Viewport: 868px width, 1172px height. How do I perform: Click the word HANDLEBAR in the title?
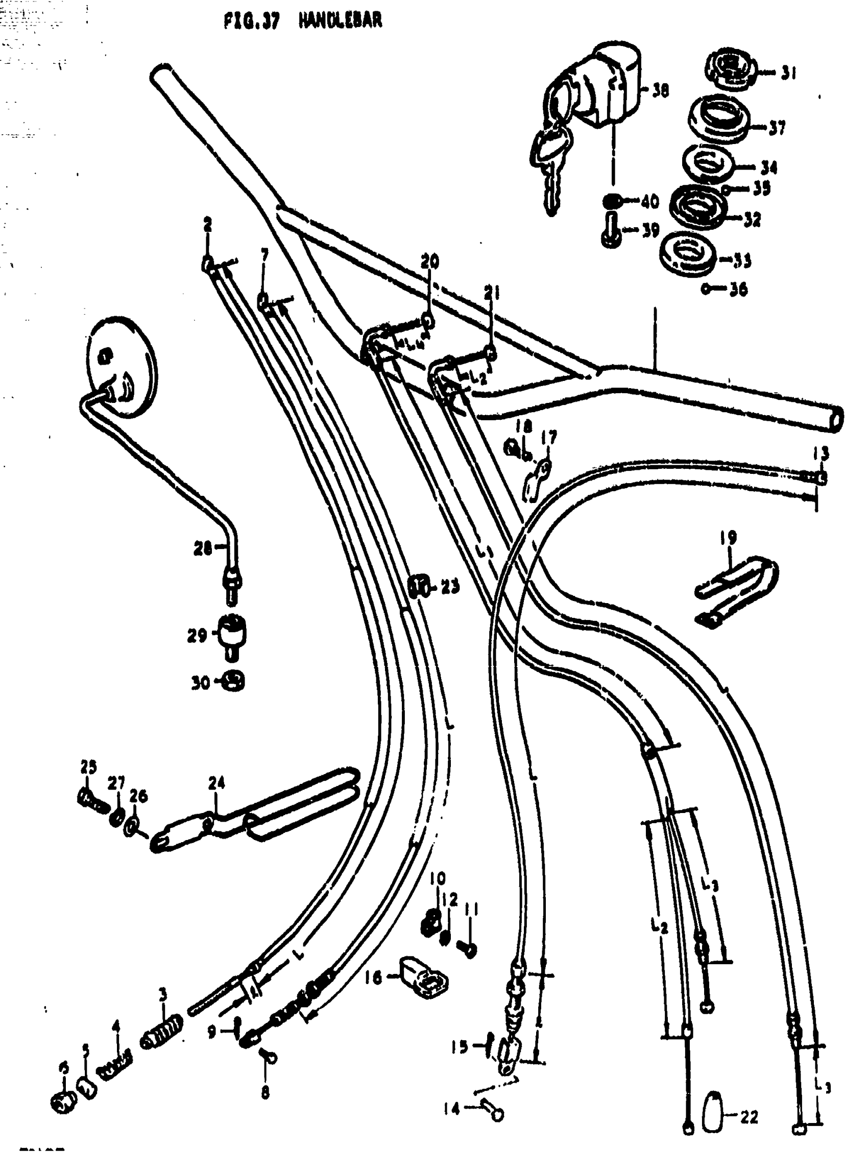pos(340,21)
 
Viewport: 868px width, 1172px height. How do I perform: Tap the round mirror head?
pos(122,366)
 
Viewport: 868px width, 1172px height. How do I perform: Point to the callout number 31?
pos(788,73)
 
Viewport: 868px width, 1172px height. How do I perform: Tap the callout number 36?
pos(739,289)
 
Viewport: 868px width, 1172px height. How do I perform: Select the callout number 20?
pos(430,261)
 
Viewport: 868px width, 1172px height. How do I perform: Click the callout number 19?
pos(728,538)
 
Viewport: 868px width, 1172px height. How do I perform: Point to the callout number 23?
pos(450,586)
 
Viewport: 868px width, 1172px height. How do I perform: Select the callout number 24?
pos(216,783)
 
